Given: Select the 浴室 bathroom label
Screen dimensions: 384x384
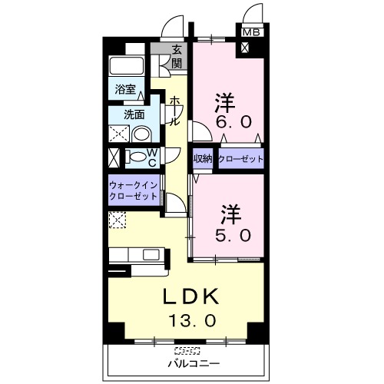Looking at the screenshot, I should (125, 90).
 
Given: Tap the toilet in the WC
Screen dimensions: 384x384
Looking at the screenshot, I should (137, 157).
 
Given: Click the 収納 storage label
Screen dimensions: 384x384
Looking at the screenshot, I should (203, 159).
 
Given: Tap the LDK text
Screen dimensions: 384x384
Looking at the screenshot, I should (190, 296).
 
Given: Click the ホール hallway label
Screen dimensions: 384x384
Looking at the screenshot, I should (175, 111).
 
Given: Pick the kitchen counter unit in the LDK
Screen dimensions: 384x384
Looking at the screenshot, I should (137, 255).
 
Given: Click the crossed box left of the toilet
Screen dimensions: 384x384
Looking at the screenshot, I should (114, 157).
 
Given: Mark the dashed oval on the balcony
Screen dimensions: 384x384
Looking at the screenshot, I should (185, 350).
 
